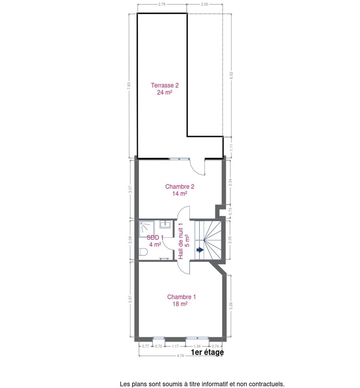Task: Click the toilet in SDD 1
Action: point(143,252)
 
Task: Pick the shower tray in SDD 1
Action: point(147,229)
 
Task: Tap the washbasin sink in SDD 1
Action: point(165,224)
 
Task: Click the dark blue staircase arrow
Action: point(200,250)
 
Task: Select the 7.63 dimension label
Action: point(129,86)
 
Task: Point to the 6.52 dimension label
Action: point(231,75)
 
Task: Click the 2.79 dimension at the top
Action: point(162,4)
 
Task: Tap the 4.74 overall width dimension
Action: point(180,356)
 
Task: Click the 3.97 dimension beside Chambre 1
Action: point(130,299)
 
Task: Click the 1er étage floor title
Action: point(207,352)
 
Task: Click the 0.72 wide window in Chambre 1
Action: point(159,338)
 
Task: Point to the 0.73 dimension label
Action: point(230,211)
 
